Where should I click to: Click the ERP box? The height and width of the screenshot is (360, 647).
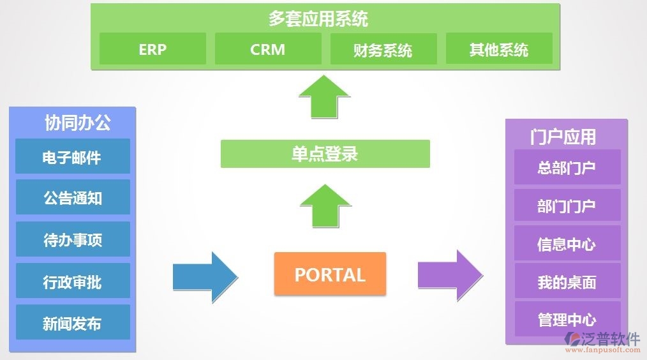[x=152, y=49]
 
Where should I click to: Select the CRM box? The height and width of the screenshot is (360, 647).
[x=268, y=49]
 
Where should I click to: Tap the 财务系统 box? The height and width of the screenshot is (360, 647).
[x=383, y=49]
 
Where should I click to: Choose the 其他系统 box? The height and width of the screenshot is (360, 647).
[x=499, y=49]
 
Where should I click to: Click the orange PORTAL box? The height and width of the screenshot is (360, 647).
[x=330, y=274]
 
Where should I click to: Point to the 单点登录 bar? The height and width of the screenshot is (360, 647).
[x=325, y=154]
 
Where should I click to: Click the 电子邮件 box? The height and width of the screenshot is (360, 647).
[x=72, y=156]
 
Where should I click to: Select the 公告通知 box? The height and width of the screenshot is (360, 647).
[x=72, y=197]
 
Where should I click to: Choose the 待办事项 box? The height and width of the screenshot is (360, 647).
[x=72, y=239]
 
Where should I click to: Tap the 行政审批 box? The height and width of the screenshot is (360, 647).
[x=72, y=281]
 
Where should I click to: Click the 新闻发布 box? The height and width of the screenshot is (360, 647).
[x=72, y=322]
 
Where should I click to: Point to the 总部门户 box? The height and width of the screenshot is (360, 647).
[x=567, y=167]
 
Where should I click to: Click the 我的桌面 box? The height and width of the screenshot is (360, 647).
[x=567, y=281]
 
